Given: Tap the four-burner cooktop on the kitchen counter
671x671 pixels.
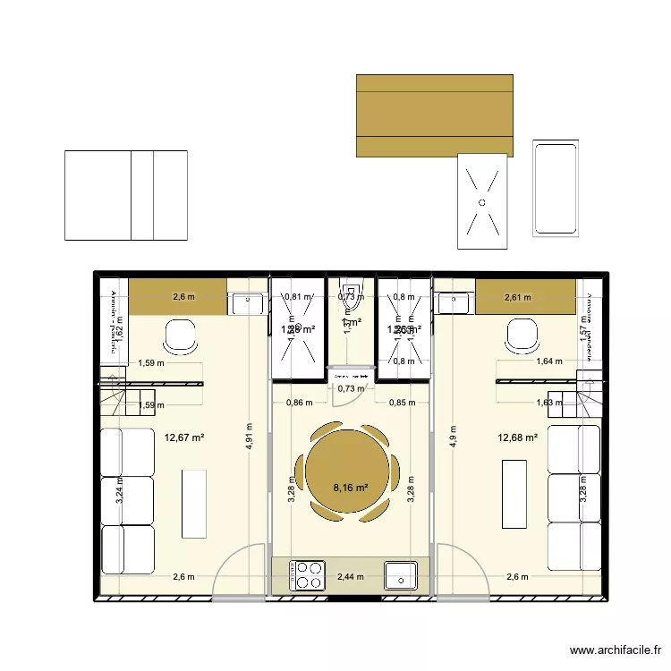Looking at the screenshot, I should coord(309,574).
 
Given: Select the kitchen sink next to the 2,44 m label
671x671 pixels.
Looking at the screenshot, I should coord(400,575).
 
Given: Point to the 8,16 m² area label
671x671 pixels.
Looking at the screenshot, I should coord(350,488).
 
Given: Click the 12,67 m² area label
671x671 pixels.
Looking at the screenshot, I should coord(184,437).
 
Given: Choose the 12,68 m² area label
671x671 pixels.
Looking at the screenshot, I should coord(517,437).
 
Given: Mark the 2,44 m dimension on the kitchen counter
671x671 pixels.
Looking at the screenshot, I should coord(350,576).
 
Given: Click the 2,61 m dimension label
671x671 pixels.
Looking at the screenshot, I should coord(517,298).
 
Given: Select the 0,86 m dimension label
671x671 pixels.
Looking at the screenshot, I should coord(299,403).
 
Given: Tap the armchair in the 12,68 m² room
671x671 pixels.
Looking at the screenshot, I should coord(522,336).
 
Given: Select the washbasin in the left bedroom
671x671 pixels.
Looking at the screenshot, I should coord(245,305).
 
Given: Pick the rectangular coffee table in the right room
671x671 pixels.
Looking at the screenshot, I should coord(514,487).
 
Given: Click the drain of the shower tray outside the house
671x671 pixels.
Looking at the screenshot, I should coord(482,203).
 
